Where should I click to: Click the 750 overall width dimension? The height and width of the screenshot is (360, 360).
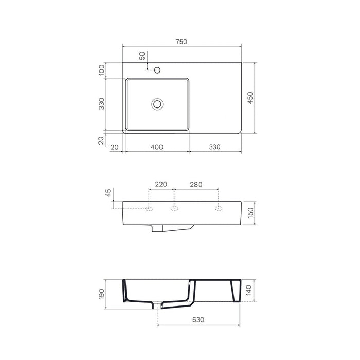point(182,42)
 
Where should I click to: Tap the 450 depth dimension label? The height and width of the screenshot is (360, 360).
point(250,98)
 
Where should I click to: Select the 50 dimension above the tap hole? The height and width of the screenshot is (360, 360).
point(142,56)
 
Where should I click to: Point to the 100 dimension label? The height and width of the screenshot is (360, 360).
point(101,70)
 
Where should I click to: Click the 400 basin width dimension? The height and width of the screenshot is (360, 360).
point(157,147)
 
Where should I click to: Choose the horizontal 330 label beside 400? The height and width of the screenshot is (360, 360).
point(214,147)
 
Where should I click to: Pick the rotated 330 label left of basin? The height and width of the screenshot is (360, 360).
point(101,104)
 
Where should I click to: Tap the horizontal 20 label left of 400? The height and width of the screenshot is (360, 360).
point(114,147)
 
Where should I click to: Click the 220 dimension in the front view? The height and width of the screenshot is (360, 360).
point(161,184)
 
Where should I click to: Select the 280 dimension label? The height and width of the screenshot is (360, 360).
point(196,184)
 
